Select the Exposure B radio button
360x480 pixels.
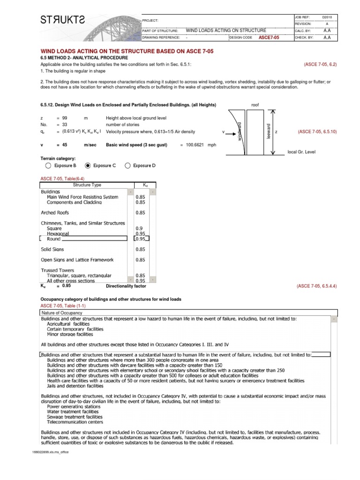coord(48,165)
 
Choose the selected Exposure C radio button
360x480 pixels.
coord(88,165)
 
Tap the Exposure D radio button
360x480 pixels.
coord(127,165)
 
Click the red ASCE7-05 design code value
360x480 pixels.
coord(269,37)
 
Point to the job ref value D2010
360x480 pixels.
coord(327,17)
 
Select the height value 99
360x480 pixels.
coord(65,118)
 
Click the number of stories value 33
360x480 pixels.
coord(65,125)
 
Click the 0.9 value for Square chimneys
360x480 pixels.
coord(139,228)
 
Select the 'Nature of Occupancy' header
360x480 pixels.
coord(62,313)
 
